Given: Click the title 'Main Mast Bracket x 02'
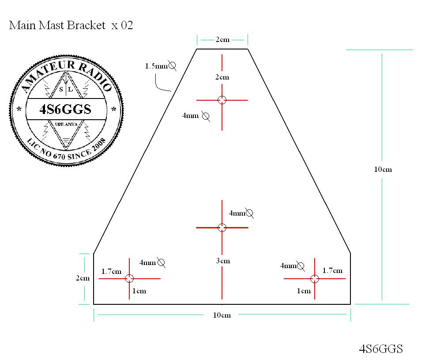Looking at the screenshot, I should pos(71,25).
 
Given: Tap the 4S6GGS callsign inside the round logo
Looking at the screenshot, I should pos(65,110).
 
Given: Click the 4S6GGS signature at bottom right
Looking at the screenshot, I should pos(381,349).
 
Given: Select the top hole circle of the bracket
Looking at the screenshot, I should pos(222,100).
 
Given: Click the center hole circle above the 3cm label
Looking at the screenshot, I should pos(222,227).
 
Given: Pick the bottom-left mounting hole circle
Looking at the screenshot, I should pos(129,278).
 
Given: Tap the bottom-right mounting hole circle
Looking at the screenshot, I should pos(314,279).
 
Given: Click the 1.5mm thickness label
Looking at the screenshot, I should pos(156,66).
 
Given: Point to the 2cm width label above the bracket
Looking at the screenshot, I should pos(222,40).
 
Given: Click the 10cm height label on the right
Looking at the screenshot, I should pos(383,170).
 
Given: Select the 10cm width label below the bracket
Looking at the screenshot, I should pos(222,315).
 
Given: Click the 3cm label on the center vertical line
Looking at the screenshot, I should pos(223,261).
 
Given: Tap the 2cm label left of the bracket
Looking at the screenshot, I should pos(83,278).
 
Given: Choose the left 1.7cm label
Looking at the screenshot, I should pos(111,271).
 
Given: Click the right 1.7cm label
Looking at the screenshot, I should pos(332,270).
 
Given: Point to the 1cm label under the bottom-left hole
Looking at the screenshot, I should pos(139,291).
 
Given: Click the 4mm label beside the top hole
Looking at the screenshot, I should pos(190,116).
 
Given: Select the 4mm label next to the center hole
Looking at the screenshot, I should pos(237,213).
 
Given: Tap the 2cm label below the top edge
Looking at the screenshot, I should pos(222,77).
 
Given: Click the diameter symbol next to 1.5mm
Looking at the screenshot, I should pos(173,66).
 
